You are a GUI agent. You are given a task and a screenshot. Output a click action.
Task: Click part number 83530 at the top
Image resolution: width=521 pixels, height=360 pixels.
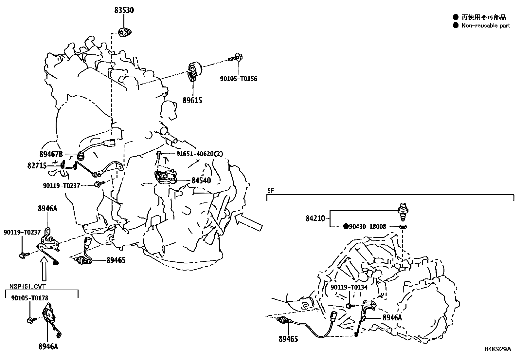click(124, 10)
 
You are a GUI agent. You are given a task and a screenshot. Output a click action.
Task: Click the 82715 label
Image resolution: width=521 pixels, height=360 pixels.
click(37, 166)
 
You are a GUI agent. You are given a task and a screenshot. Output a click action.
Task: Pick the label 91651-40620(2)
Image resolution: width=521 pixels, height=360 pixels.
click(200, 154)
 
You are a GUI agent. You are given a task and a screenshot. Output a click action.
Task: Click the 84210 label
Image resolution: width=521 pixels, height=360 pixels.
click(315, 218)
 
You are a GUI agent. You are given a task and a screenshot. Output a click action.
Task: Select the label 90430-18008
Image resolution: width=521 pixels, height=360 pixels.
click(368, 226)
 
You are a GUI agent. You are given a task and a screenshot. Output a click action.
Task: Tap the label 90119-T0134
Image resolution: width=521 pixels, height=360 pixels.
click(349, 287)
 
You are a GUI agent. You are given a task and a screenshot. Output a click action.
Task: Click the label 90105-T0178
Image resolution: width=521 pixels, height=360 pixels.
click(29, 298)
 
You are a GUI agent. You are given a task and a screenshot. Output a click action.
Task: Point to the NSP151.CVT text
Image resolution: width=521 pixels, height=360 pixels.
click(27, 286)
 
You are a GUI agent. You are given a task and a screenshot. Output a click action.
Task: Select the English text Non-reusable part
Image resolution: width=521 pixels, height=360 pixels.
click(486, 26)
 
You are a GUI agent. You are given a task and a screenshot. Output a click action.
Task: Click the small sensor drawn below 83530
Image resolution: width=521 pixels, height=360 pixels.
click(125, 32)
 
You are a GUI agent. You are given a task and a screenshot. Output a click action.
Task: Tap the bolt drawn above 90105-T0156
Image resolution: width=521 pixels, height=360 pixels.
click(235, 59)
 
